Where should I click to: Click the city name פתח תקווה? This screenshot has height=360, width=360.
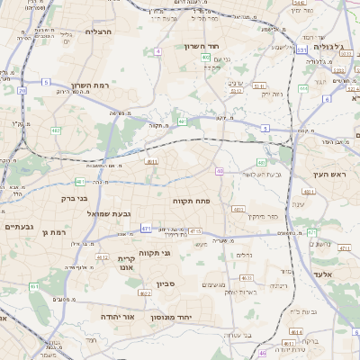pyautogui.click(x=191, y=202)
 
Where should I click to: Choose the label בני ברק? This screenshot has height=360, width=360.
pyautogui.click(x=59, y=197)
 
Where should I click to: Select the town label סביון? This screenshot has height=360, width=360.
pyautogui.click(x=165, y=284)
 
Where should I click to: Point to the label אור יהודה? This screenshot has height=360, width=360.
pyautogui.click(x=116, y=318)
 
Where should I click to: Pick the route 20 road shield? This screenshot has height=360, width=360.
pyautogui.click(x=22, y=90)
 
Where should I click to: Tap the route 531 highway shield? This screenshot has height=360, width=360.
pyautogui.click(x=301, y=49)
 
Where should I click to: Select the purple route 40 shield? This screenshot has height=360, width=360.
pyautogui.click(x=220, y=170)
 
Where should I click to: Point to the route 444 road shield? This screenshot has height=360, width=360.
pyautogui.click(x=303, y=88)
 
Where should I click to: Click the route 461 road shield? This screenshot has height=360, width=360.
pyautogui.click(x=34, y=286)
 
